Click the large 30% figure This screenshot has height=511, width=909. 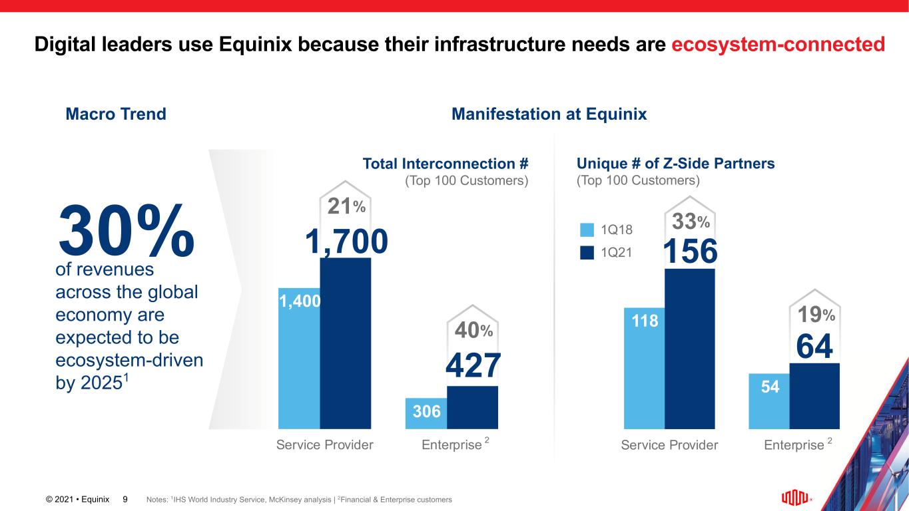[x=127, y=231]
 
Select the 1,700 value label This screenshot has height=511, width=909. [x=346, y=242]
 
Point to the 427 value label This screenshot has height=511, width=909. [x=473, y=367]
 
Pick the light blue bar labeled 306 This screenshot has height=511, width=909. [x=426, y=413]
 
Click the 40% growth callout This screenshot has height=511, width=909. [x=473, y=330]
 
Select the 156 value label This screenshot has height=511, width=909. [x=691, y=252]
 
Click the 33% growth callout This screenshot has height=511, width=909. [x=691, y=221]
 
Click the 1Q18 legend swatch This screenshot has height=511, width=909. [x=587, y=230]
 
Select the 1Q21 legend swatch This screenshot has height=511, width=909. [x=587, y=253]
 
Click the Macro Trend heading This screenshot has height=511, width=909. [x=116, y=114]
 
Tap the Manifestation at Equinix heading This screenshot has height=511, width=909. [x=549, y=114]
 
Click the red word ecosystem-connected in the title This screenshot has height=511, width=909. [x=778, y=45]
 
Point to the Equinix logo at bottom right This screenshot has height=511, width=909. [x=796, y=497]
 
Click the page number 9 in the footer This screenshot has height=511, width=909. [x=125, y=498]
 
